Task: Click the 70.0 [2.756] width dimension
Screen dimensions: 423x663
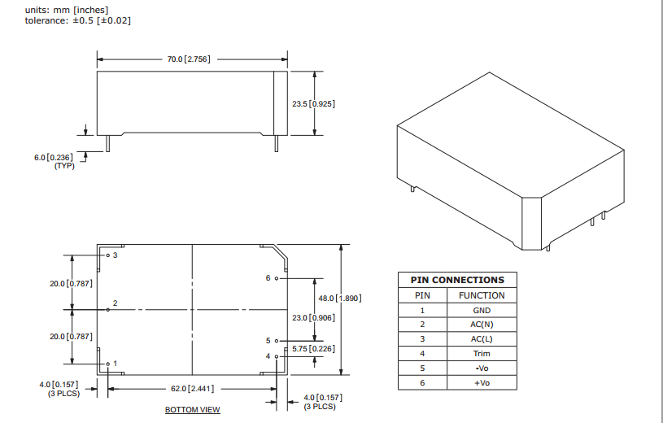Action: point(189,59)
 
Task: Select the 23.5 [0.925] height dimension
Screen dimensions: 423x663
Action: point(314,103)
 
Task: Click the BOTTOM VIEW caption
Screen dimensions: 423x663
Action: point(192,409)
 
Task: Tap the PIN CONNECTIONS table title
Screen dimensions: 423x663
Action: point(457,280)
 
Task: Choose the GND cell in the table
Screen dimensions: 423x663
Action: point(482,310)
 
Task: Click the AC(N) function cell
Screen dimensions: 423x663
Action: point(482,325)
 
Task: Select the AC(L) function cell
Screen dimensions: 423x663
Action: point(482,339)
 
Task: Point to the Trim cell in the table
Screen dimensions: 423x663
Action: point(482,354)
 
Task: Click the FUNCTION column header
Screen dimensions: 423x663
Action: point(482,295)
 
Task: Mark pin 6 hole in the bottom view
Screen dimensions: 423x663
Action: point(277,278)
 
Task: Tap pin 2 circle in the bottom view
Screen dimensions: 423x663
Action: point(108,309)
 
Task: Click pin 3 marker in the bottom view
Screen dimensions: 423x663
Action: point(107,255)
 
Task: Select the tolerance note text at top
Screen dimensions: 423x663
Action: point(78,20)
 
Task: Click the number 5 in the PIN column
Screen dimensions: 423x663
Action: point(422,368)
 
